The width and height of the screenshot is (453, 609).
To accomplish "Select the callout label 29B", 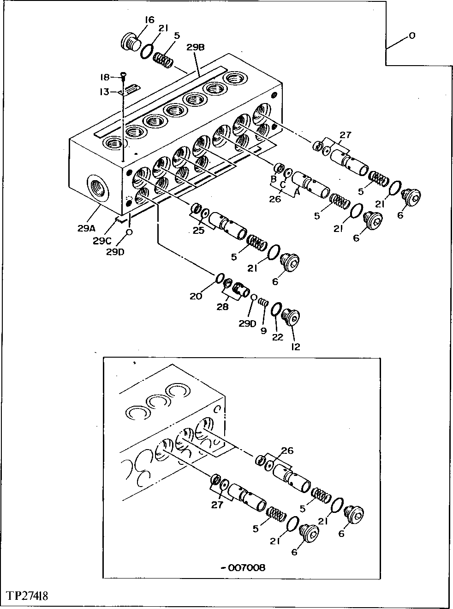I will coord(196,47).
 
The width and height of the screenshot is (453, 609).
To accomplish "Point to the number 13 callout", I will coord(104,92).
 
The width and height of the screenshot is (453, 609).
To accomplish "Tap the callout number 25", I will coord(198,230).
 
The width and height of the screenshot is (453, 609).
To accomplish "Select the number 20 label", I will coord(196,296).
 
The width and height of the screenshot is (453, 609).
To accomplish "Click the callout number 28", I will coord(223,306).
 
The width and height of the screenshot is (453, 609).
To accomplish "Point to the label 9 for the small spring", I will coord(263,331).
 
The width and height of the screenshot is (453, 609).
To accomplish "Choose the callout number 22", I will coord(277,337).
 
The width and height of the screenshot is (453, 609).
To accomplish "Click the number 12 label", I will coord(295,346).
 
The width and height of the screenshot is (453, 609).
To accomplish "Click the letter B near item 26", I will coord(273,179).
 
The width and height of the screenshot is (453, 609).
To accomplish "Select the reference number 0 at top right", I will coord(411,35).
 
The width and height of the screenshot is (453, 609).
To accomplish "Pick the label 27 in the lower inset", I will coord(217,505).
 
